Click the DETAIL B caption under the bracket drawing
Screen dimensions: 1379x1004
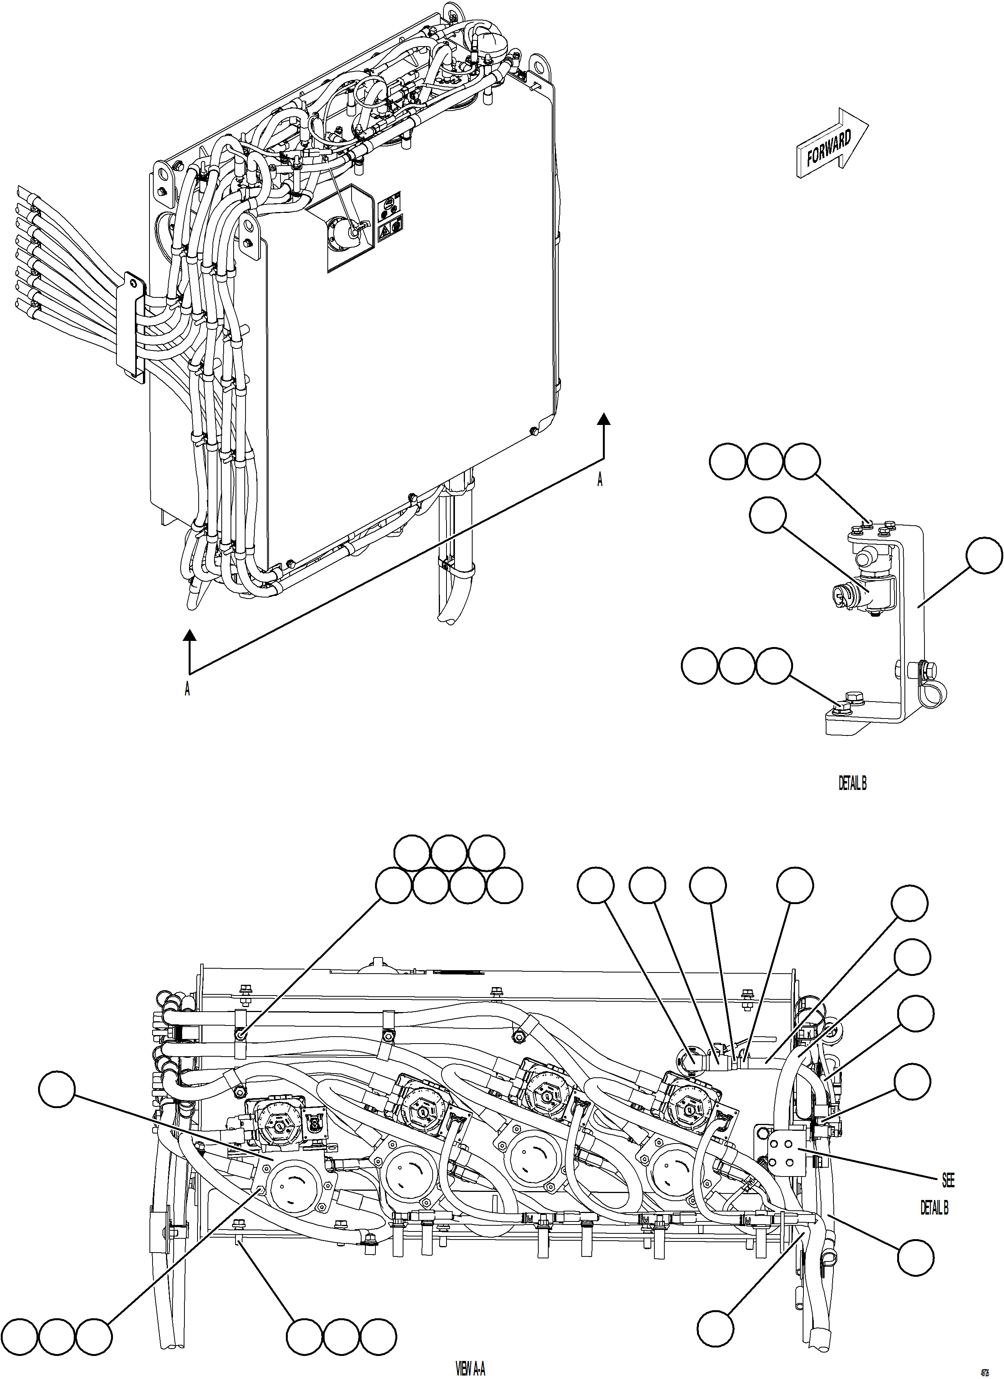point(852,784)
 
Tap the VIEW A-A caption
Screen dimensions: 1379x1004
point(470,1369)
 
